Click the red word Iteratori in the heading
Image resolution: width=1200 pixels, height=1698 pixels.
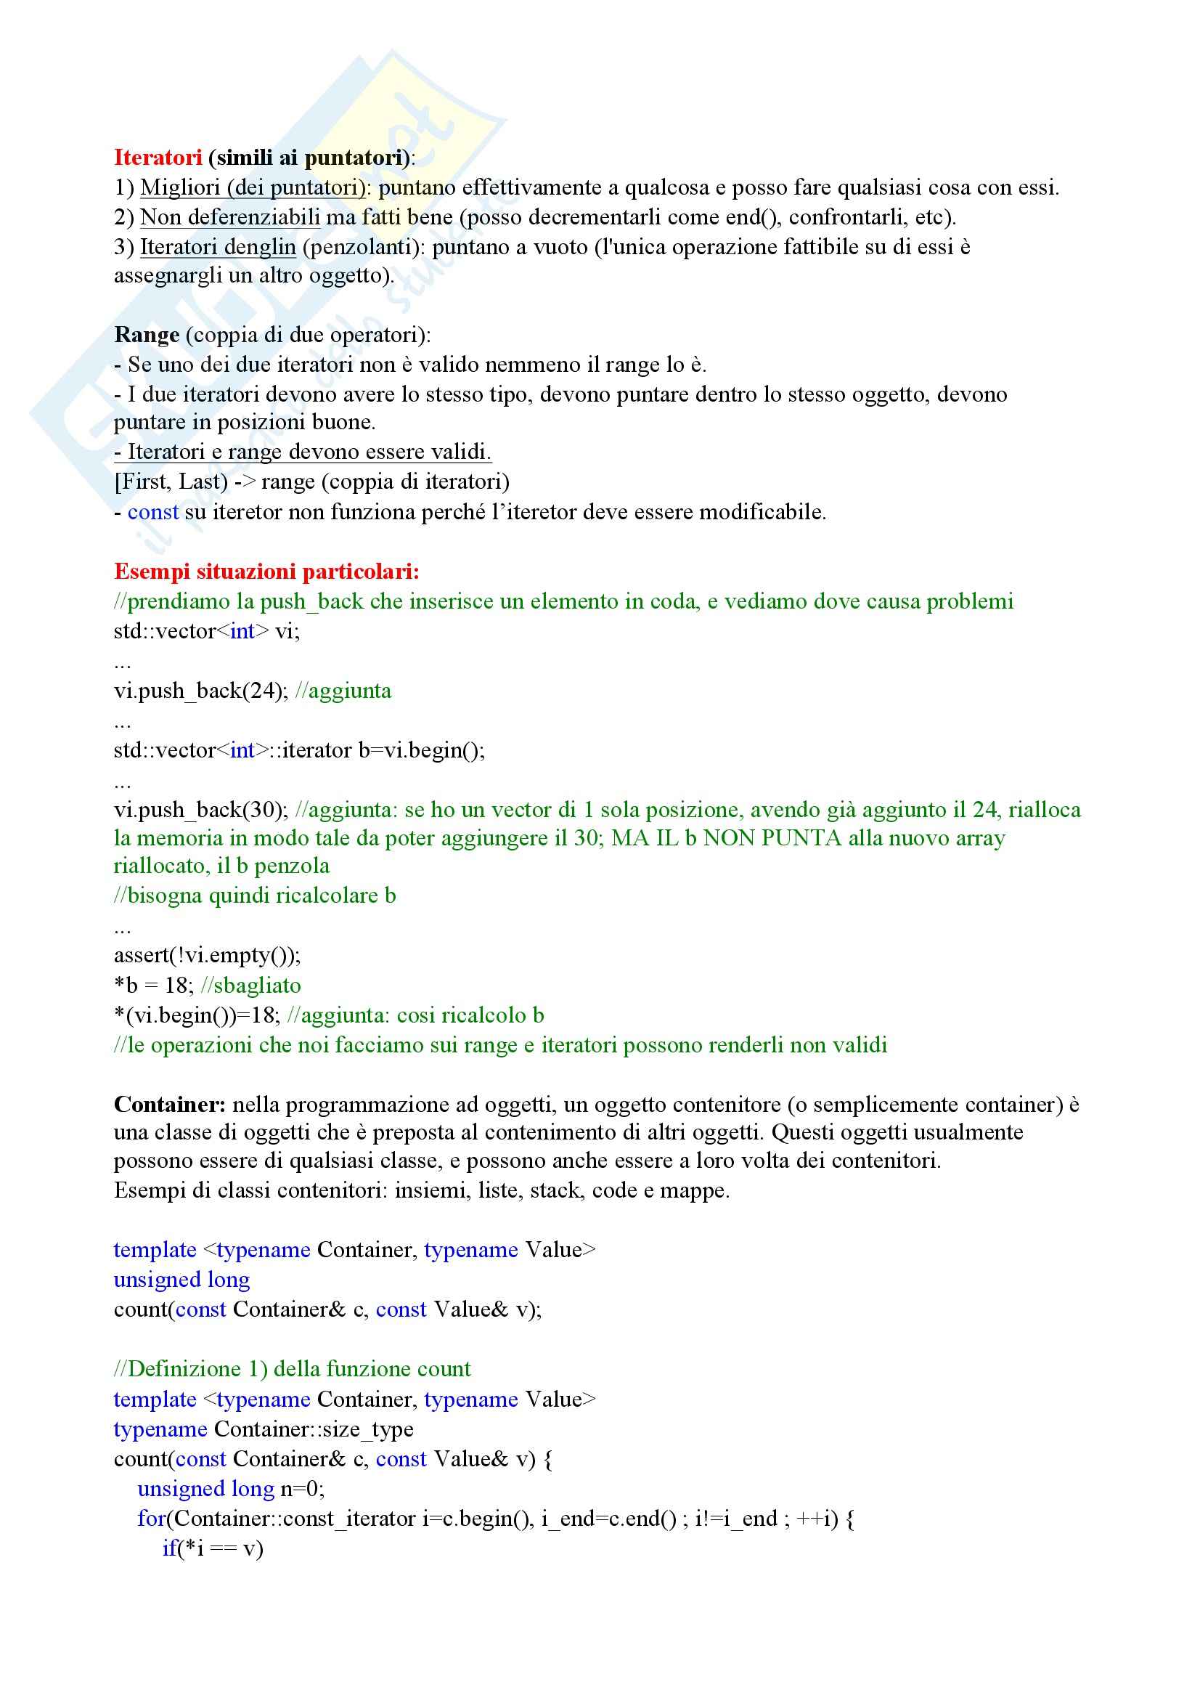158,158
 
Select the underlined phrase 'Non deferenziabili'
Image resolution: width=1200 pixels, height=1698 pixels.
230,217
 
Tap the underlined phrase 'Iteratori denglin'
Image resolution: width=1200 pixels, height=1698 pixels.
218,247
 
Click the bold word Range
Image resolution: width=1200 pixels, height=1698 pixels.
147,335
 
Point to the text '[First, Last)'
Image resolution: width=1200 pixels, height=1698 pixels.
171,482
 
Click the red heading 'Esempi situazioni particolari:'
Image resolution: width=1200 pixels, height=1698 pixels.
266,572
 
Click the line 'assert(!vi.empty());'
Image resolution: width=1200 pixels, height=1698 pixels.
207,956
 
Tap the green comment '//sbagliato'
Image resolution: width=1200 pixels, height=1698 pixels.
250,986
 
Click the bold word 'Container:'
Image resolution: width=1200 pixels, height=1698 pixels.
169,1105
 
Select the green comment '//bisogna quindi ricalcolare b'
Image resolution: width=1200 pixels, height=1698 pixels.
255,895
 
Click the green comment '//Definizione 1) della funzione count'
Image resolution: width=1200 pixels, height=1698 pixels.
292,1369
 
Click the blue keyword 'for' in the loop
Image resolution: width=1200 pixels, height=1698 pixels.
151,1519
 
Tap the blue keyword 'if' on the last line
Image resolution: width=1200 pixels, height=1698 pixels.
169,1548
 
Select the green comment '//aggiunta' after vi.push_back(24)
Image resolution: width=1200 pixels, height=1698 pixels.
343,691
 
